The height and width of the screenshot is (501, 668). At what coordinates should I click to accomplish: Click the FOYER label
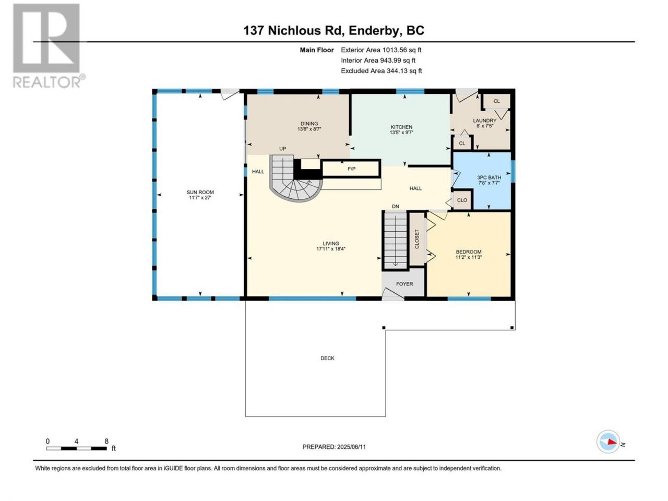pyautogui.click(x=404, y=284)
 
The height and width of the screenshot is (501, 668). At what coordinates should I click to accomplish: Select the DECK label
pyautogui.click(x=327, y=358)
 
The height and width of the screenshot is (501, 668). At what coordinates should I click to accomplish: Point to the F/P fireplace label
pyautogui.click(x=352, y=169)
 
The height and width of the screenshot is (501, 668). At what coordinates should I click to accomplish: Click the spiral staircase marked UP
pyautogui.click(x=292, y=179)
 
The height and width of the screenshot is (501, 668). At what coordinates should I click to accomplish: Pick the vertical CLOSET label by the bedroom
pyautogui.click(x=416, y=239)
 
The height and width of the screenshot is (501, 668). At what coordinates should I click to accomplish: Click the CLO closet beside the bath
pyautogui.click(x=462, y=200)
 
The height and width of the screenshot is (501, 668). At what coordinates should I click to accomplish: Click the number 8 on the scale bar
pyautogui.click(x=106, y=441)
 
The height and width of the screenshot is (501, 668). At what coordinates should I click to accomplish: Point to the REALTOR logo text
pyautogui.click(x=46, y=82)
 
